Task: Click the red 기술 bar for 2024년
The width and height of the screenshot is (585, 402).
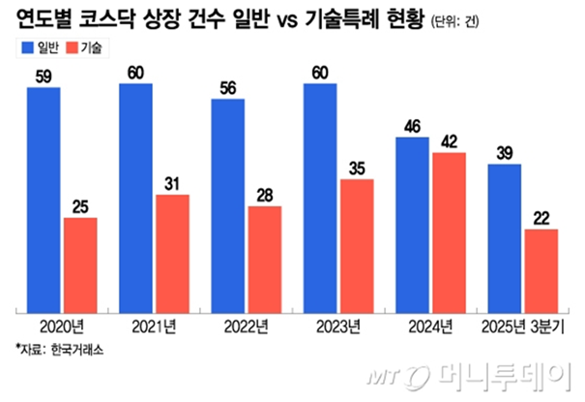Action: (x=449, y=232)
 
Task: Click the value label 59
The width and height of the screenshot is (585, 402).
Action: (x=44, y=77)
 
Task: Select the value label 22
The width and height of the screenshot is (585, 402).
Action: (x=541, y=218)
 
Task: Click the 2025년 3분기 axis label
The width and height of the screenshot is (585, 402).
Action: (x=523, y=326)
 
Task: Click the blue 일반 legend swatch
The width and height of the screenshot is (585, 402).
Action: (x=24, y=47)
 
